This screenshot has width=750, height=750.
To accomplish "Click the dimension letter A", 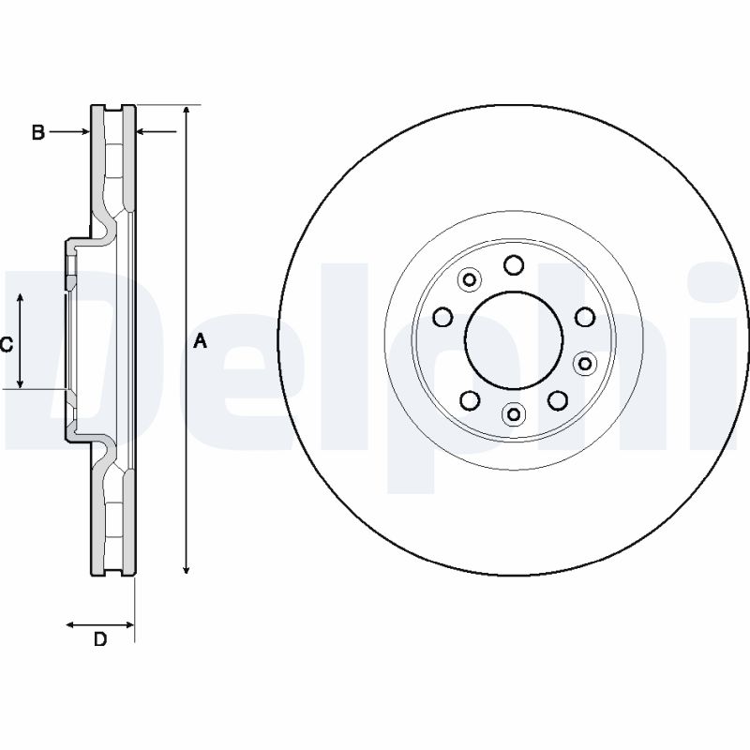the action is coord(201,341).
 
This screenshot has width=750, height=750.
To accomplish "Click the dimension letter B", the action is coord(38,132).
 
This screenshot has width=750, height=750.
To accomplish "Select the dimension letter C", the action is coord(7,344).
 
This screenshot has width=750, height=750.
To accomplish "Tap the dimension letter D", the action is coord(100,639).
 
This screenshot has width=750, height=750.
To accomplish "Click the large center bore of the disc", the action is coord(514,339).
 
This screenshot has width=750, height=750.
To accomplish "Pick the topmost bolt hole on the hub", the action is coord(514,265).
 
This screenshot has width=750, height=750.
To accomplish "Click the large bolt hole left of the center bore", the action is coord(442,317).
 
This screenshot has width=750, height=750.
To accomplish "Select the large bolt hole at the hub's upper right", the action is coord(585,317).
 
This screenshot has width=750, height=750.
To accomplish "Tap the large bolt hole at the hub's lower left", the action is coord(470,400).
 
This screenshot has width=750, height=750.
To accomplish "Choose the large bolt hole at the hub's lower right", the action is coord(558,400).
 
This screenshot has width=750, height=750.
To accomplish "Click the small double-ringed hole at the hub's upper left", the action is coord(470,279).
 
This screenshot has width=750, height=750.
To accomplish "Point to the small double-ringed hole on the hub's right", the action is coord(585,364).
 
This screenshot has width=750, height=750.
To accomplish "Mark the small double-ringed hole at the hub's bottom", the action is coord(514,413).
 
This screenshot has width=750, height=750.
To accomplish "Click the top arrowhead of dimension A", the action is coord(187,111).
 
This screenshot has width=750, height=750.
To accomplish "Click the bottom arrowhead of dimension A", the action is coord(187,568).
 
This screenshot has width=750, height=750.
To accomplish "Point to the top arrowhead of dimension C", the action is coord(20,299).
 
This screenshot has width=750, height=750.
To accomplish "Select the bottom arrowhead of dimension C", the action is coord(20,382).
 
